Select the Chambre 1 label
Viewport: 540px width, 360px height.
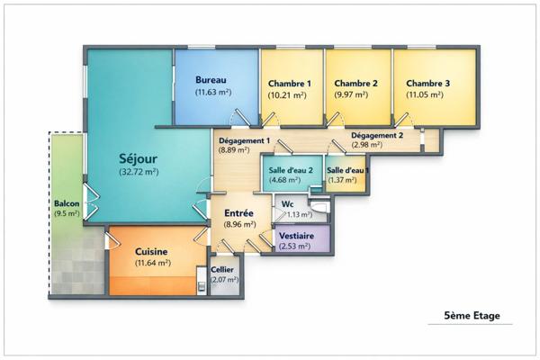(x=289, y=83)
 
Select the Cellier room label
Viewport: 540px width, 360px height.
(x=223, y=269)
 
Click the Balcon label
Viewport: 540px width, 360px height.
(x=67, y=203)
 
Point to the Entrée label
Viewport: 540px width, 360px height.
(x=238, y=213)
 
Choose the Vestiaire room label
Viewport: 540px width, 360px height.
(x=297, y=235)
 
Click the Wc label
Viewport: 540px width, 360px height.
(x=288, y=204)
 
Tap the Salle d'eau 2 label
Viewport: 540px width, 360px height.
(x=290, y=170)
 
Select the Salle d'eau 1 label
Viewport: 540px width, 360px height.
(x=346, y=170)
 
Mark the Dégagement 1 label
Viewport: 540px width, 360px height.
(x=245, y=141)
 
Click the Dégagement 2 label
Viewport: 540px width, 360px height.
(x=377, y=135)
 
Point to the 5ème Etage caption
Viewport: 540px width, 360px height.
(x=472, y=317)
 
